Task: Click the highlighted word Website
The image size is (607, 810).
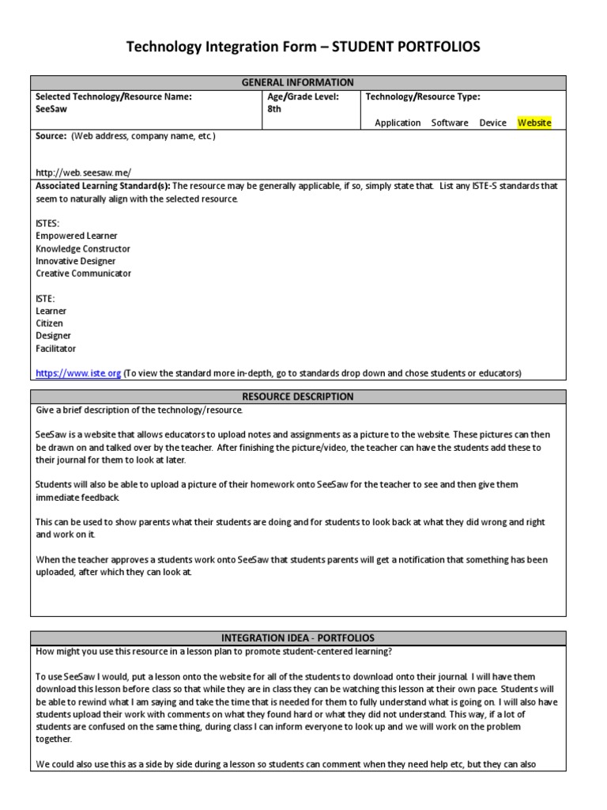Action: pyautogui.click(x=534, y=123)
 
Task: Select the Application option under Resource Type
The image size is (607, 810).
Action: pyautogui.click(x=398, y=123)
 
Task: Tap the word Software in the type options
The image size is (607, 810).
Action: pyautogui.click(x=450, y=123)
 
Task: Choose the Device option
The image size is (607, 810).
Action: pyautogui.click(x=492, y=123)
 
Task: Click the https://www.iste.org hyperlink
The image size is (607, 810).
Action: pyautogui.click(x=78, y=373)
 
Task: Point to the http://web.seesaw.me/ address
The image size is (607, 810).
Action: pyautogui.click(x=83, y=172)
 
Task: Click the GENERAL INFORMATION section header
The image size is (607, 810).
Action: pyautogui.click(x=298, y=82)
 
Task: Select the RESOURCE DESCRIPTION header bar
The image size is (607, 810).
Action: pyautogui.click(x=298, y=396)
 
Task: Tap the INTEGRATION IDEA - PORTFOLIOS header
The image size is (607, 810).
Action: pyautogui.click(x=298, y=638)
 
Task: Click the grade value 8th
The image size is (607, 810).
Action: pyautogui.click(x=274, y=110)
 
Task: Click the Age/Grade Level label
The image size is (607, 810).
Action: pyautogui.click(x=303, y=97)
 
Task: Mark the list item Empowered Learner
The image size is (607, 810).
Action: pyautogui.click(x=77, y=236)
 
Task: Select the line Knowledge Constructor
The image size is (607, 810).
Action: pyautogui.click(x=83, y=248)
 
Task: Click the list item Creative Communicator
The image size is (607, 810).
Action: pyautogui.click(x=83, y=274)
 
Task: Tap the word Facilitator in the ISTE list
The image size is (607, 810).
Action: pyautogui.click(x=56, y=348)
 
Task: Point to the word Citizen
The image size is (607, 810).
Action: pyautogui.click(x=50, y=324)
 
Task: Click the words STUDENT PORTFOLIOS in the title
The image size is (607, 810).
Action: pyautogui.click(x=405, y=48)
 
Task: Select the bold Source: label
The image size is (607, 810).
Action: pyautogui.click(x=51, y=136)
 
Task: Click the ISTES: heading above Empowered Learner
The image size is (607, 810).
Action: pyautogui.click(x=47, y=223)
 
